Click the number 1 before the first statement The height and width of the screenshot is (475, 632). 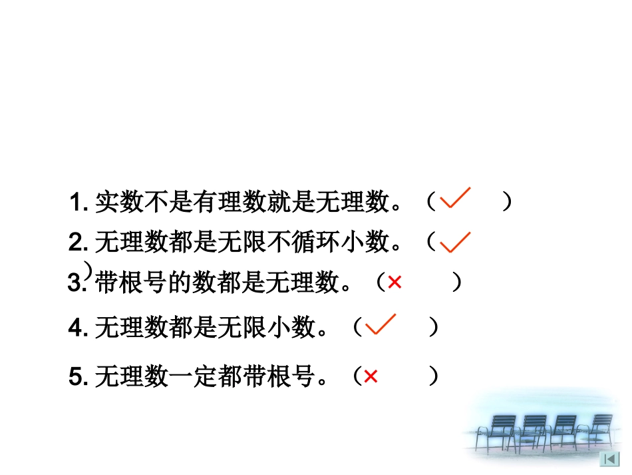coord(74,203)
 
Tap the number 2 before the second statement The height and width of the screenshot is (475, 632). coord(75,242)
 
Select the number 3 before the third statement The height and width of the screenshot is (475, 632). coord(74,284)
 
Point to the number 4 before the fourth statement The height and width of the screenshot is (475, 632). coord(75,328)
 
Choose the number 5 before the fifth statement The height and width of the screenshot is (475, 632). coord(75,378)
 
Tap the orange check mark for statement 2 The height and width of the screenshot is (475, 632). coord(455,242)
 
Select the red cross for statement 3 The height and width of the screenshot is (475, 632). coord(395,283)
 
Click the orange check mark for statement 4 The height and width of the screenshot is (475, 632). coord(381,324)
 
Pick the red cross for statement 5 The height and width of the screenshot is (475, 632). coord(371,377)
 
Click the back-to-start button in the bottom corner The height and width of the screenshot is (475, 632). coord(609,459)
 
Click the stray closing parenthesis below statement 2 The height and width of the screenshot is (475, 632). coord(87,268)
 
